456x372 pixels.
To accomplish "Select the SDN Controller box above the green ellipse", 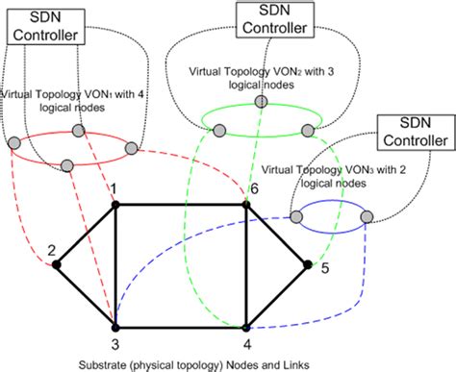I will (x=274, y=17).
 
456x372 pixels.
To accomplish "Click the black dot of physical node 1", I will (x=115, y=203).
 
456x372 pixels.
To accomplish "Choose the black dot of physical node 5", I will (x=309, y=263).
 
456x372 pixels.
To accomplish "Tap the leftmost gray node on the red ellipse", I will (x=14, y=144).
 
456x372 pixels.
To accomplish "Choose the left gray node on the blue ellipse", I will (x=295, y=218).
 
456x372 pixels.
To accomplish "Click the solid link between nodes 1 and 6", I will (x=182, y=203).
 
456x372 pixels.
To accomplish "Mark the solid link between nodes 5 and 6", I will (x=279, y=234).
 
